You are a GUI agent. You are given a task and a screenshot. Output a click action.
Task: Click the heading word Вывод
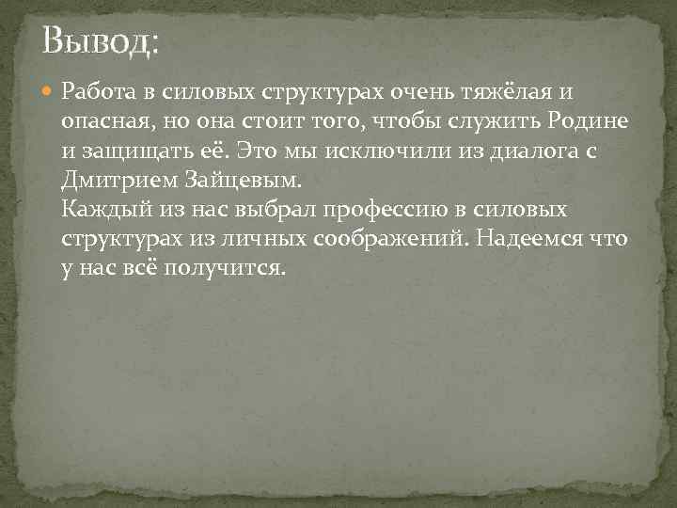click(102, 42)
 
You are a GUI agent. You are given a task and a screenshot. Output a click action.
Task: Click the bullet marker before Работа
click(48, 92)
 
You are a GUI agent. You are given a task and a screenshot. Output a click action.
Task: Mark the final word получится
click(223, 268)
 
